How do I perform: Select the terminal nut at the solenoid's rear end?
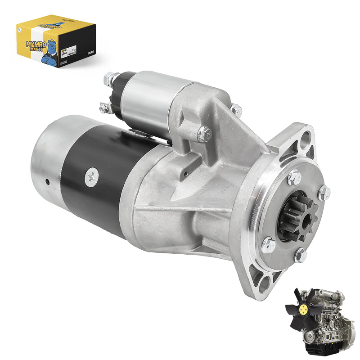point(109,79)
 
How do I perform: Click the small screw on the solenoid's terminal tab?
point(103,108)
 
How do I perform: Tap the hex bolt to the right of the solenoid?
point(235,110)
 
